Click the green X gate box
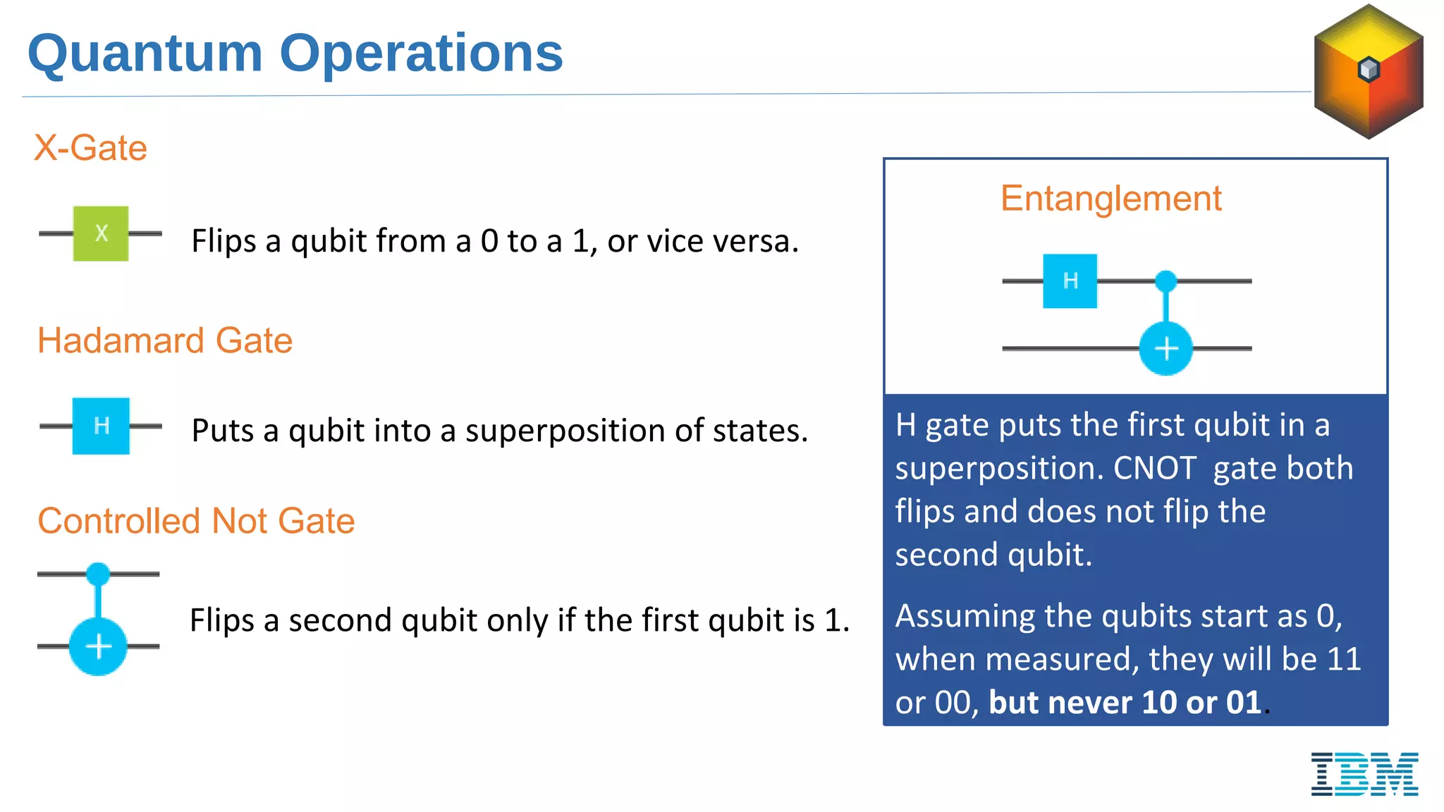101,233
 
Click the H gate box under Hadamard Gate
101,426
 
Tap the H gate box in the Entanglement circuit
1070,281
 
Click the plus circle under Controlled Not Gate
98,646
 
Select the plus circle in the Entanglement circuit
1165,348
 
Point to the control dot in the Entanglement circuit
1165,281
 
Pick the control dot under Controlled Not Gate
98,574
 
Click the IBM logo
1364,774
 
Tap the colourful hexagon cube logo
1368,71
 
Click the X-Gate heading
90,148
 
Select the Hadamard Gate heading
164,340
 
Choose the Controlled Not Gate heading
195,521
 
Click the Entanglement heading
1110,198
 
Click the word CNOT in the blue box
1154,468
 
